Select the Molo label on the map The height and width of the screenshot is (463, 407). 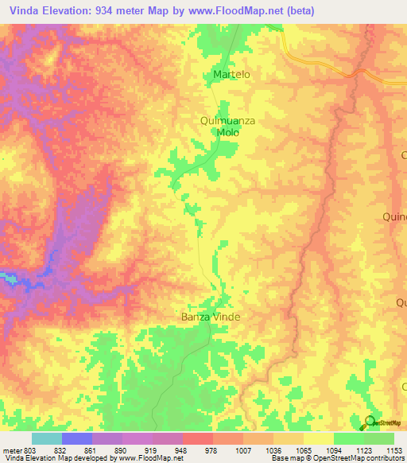[228, 133]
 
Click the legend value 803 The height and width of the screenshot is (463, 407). [27, 450]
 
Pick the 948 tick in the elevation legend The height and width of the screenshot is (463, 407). [167, 450]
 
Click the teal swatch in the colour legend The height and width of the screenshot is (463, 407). [47, 438]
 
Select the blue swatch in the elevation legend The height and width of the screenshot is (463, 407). [77, 438]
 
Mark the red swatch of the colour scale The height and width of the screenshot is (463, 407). [198, 438]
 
